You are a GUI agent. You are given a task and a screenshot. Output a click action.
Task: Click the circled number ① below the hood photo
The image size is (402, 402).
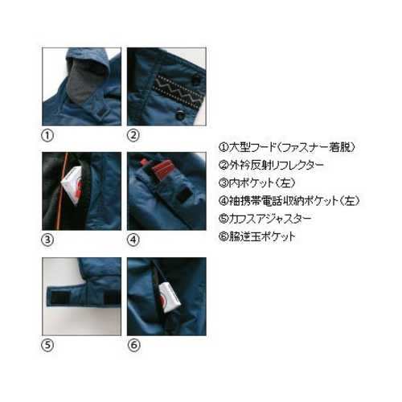tap(47, 135)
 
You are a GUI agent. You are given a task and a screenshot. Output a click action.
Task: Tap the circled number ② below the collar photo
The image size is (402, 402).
tap(133, 135)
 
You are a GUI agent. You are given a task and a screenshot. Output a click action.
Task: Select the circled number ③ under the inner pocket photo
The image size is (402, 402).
tap(47, 240)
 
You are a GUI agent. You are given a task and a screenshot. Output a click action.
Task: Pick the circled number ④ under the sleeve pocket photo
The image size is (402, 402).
tap(133, 240)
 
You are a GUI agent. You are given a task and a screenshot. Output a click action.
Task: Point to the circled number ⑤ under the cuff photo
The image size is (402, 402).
tap(47, 345)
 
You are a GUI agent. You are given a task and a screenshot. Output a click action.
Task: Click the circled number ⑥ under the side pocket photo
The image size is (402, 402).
tap(133, 345)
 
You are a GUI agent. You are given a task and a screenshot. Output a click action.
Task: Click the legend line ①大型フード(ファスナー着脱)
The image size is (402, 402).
tap(287, 147)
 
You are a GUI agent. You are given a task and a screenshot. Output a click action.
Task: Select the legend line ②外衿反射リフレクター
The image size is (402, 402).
tap(271, 165)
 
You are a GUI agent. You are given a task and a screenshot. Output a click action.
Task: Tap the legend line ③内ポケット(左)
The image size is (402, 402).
tap(257, 183)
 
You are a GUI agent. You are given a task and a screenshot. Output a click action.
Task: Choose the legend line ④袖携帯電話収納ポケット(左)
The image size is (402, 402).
tap(289, 201)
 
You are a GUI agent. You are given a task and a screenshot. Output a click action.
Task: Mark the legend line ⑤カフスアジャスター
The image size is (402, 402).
tap(265, 219)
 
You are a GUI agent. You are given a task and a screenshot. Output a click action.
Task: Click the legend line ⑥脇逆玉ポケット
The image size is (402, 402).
tap(257, 236)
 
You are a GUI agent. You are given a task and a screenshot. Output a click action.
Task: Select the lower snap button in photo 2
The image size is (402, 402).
tap(178, 116)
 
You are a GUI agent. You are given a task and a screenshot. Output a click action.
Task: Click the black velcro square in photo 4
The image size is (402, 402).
tap(183, 195)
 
